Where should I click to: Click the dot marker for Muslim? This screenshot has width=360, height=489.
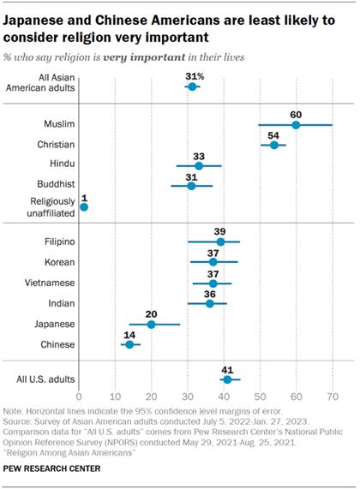tap(296, 125)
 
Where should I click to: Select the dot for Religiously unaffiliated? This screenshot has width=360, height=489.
tap(83, 206)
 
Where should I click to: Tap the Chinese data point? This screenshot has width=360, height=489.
tap(129, 344)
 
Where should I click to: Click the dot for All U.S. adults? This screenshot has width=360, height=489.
tap(227, 379)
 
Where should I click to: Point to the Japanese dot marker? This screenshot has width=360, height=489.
tap(151, 324)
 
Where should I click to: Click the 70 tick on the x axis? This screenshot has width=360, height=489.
tap(332, 398)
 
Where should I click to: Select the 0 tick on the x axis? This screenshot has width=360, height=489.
tap(79, 398)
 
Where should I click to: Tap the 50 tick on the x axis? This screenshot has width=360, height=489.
tap(260, 398)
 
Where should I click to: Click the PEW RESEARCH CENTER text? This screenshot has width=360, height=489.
tap(51, 470)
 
